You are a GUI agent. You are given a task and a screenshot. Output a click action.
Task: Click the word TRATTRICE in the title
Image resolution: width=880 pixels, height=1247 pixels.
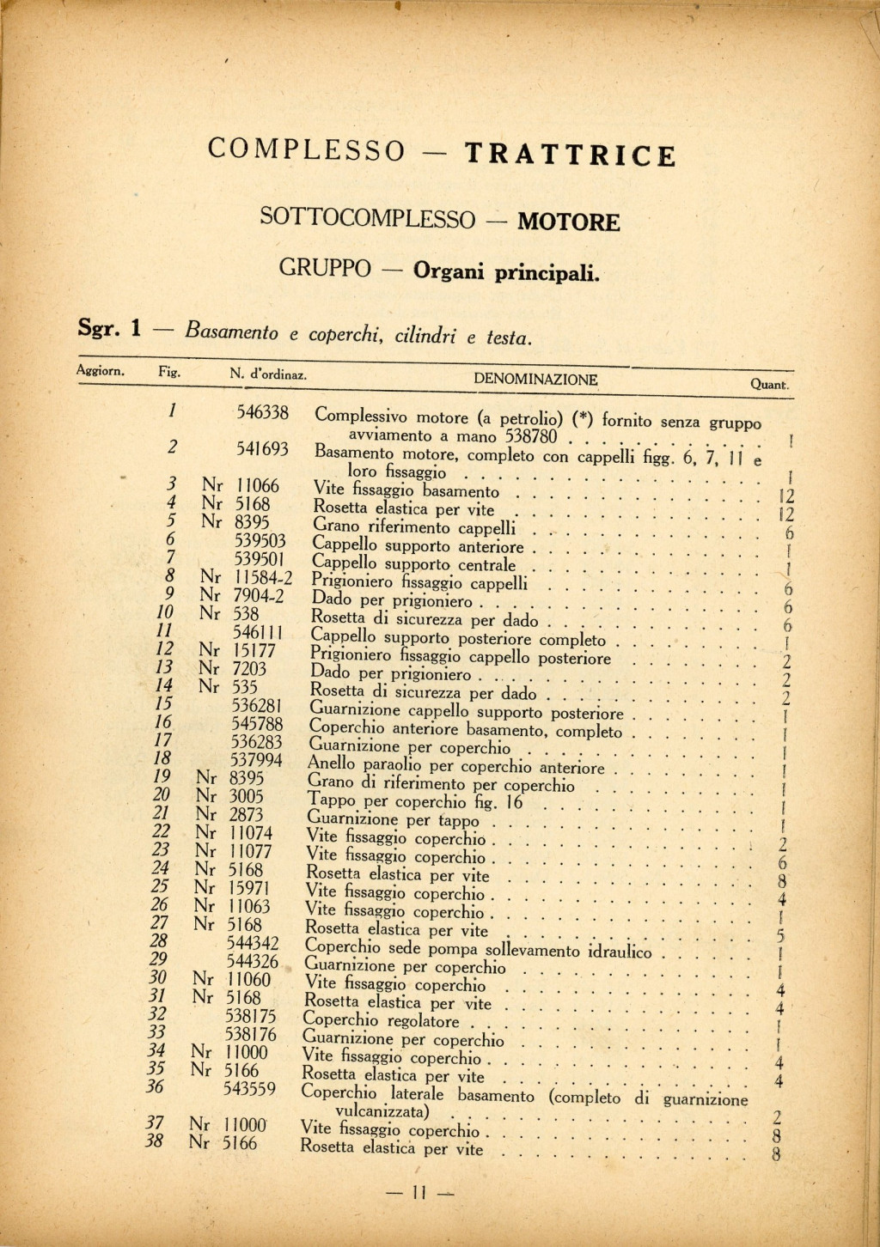(570, 155)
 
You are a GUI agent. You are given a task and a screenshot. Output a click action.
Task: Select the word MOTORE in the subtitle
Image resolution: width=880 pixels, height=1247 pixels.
(568, 223)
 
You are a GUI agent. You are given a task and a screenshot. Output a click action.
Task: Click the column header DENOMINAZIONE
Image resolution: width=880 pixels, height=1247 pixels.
(535, 380)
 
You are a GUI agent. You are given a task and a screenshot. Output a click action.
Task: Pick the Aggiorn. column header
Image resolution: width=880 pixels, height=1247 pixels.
(101, 371)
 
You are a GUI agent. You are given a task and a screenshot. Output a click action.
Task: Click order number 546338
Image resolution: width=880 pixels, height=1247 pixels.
(262, 413)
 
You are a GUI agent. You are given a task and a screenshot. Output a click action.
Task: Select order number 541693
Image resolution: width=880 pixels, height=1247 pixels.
(262, 448)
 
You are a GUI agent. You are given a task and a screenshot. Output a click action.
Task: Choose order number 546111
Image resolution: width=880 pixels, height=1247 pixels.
(259, 633)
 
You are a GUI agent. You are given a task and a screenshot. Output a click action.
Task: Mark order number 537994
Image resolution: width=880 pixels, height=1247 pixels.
(256, 760)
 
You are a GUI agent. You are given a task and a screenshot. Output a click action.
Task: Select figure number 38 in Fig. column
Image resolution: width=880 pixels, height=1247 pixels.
(154, 1143)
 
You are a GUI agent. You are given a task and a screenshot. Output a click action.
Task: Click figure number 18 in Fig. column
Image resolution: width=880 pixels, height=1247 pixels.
(161, 758)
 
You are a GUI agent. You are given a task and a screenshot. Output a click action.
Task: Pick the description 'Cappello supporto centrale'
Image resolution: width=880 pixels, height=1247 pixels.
(413, 565)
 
